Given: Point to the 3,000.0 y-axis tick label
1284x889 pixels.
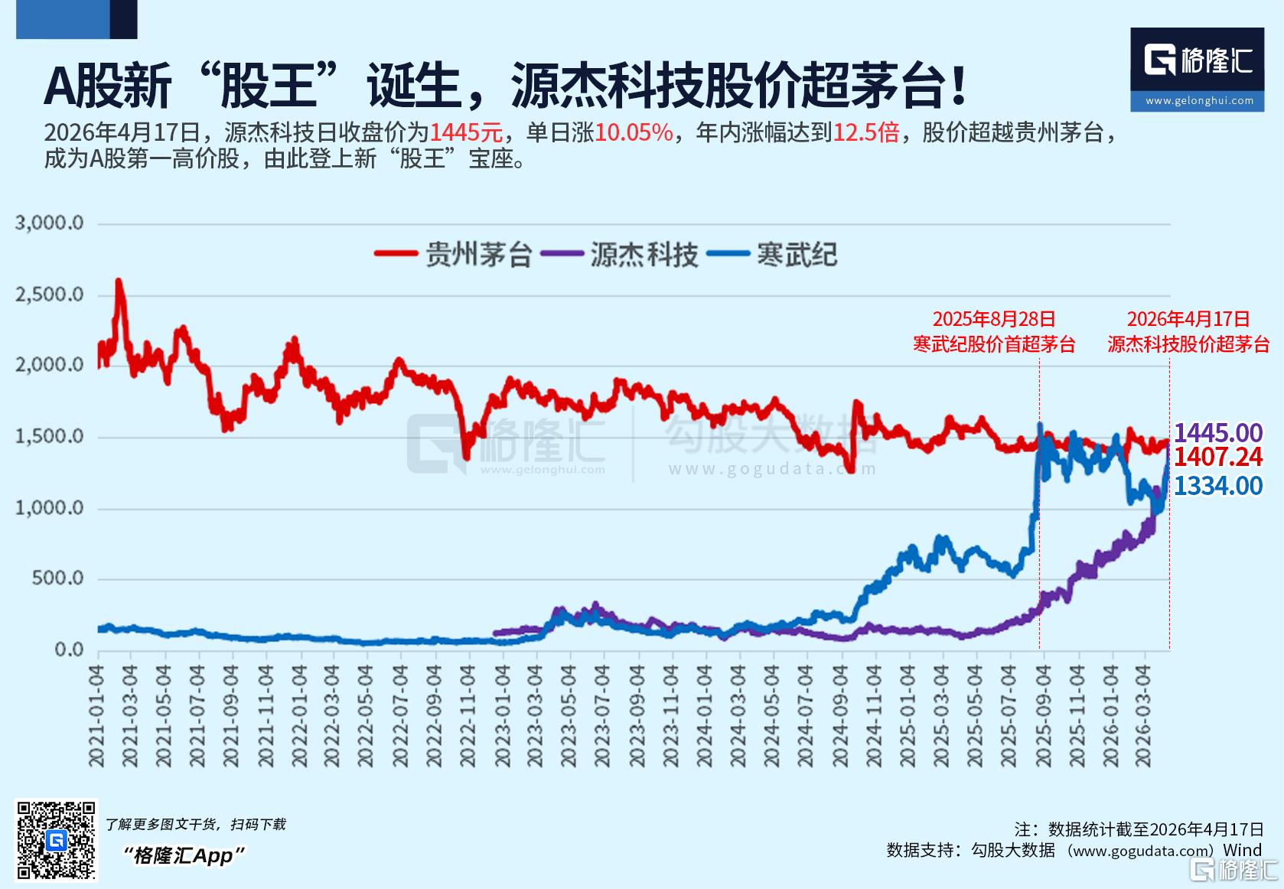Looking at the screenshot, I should point(49,223).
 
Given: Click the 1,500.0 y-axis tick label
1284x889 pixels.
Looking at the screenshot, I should point(49,437).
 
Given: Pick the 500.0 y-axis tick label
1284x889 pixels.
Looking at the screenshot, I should point(57,578).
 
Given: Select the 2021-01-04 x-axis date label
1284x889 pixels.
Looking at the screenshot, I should point(96,715).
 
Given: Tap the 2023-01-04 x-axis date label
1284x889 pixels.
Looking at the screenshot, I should point(501,715).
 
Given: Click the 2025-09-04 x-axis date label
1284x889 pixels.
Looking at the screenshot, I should point(1042,715).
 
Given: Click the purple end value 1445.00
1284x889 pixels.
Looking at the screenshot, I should point(1218,433).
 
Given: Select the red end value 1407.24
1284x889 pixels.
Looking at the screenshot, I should point(1218,458).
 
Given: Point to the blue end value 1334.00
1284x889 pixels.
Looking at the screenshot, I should point(1218,486).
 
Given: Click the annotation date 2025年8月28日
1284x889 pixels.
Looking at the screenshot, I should point(993,319).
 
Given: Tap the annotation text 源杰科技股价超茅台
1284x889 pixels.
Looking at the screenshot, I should point(1188,344).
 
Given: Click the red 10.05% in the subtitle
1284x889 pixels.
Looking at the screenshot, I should point(634,132).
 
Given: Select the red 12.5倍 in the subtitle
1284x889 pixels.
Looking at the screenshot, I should point(865,132).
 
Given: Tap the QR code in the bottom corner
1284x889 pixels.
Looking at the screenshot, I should point(57,840).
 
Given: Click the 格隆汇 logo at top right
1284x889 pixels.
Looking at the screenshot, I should point(1197,69).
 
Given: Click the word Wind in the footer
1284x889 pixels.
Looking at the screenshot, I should point(1242,850).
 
